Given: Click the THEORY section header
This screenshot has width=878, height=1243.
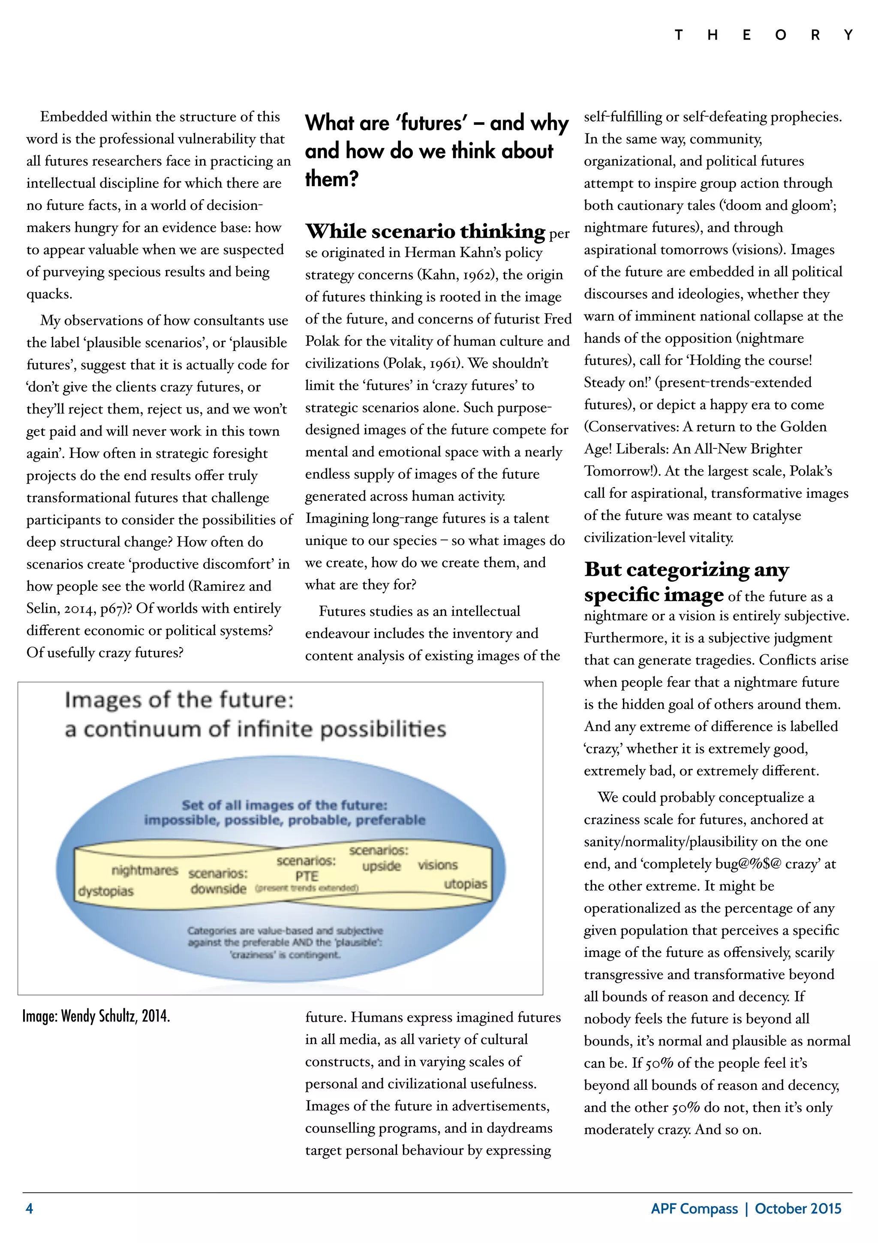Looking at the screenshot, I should pyautogui.click(x=763, y=36).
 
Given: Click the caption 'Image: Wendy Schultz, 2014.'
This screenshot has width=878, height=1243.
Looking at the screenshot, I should pyautogui.click(x=96, y=1016).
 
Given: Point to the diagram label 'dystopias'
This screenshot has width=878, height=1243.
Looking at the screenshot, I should pyautogui.click(x=105, y=891).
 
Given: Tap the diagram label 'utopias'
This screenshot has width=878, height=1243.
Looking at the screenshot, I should pyautogui.click(x=465, y=884).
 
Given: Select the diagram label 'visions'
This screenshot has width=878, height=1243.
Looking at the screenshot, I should pyautogui.click(x=437, y=865).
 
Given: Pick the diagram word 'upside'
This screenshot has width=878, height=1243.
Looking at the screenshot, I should pyautogui.click(x=382, y=866).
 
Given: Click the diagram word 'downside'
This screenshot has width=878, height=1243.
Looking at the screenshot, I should pyautogui.click(x=218, y=889).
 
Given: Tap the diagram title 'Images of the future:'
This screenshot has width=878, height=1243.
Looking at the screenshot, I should pyautogui.click(x=179, y=700).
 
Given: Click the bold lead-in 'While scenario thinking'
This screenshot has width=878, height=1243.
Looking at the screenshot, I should pyautogui.click(x=425, y=231).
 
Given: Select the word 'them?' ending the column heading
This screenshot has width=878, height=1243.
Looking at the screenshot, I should pyautogui.click(x=332, y=178).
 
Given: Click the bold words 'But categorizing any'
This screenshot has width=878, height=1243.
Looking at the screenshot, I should pyautogui.click(x=686, y=569).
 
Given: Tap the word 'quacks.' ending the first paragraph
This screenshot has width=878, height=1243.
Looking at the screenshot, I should pyautogui.click(x=49, y=294).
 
